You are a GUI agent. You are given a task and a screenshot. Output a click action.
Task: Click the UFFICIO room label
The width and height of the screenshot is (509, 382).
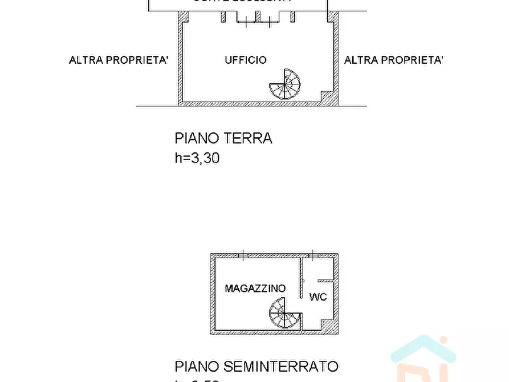[245, 60]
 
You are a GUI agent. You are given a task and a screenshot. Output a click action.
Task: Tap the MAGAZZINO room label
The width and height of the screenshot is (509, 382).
[255, 288]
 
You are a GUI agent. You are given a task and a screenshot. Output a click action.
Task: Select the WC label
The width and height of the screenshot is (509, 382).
[317, 297]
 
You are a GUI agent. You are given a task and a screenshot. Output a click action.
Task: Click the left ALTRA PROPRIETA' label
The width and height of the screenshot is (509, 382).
[119, 60]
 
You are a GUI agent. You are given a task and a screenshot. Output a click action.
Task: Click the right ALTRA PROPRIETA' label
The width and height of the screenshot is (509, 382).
[394, 60]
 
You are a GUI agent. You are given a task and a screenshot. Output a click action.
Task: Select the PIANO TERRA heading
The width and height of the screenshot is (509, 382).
[223, 138]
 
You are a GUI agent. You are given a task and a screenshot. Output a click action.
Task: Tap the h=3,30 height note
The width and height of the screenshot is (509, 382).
[197, 159]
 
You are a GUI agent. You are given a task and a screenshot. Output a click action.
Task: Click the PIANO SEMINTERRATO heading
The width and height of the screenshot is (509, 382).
[256, 366]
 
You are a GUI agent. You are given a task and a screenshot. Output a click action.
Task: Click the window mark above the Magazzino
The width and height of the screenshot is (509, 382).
[243, 255]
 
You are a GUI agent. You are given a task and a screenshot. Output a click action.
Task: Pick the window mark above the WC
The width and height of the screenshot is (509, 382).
[313, 255]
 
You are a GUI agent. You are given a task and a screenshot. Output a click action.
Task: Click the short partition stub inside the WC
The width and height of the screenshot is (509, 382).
[325, 281]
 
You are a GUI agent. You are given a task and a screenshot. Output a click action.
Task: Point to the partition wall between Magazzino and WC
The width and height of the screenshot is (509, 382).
[302, 279]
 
